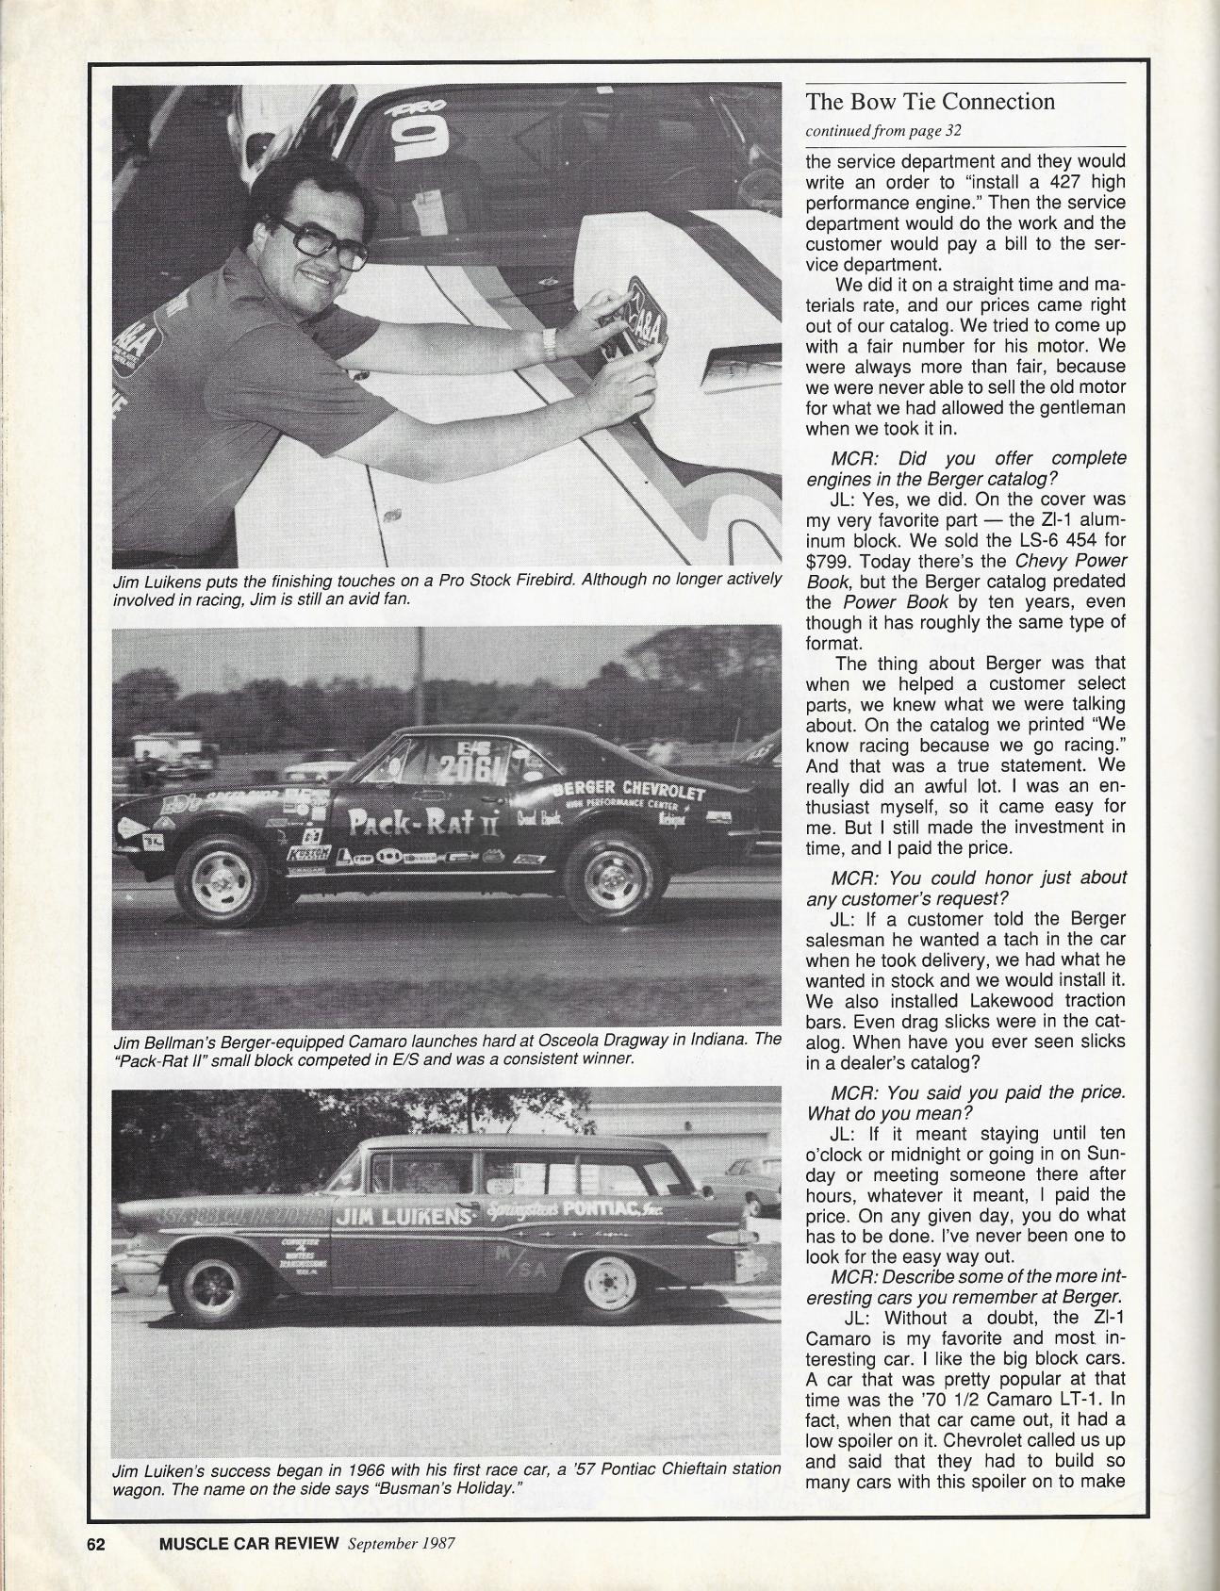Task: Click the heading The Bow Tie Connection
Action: (930, 102)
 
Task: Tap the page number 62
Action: (102, 1544)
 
